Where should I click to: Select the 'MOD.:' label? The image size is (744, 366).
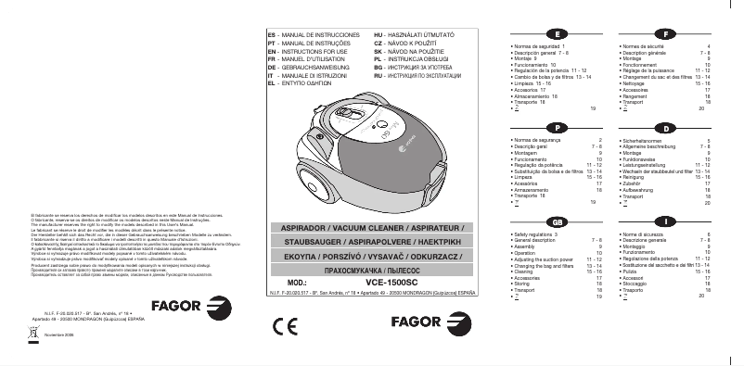pyautogui.click(x=291, y=280)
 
